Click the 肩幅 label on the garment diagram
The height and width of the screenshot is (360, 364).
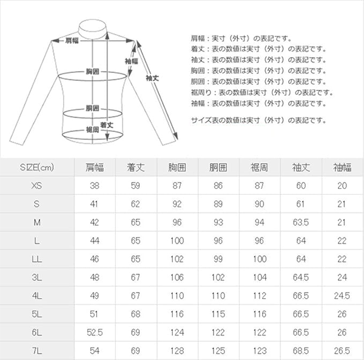pos(72,41)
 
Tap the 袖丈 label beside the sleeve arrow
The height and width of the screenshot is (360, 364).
pos(152,78)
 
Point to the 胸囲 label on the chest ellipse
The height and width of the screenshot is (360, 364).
pos(93,72)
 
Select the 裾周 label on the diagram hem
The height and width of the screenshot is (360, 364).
pos(93,129)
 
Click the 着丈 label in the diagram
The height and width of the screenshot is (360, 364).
pos(107,125)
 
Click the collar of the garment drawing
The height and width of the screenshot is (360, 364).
pos(93,30)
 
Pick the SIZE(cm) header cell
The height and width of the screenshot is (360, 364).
pos(37,167)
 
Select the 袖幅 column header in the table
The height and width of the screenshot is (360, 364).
pos(342,167)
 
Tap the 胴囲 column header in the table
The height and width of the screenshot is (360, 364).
pos(218,167)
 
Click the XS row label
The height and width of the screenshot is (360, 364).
pos(36,186)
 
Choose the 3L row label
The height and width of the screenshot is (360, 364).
pos(37,277)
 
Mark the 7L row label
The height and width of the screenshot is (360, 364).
pos(37,351)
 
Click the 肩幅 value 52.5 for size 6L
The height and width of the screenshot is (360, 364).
pos(95,332)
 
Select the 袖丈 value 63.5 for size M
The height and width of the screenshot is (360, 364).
pos(301,222)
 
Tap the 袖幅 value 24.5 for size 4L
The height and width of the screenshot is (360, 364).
pos(342,296)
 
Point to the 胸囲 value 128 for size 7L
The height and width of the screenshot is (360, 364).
pos(177,351)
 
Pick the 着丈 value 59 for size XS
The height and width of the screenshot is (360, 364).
pos(135,186)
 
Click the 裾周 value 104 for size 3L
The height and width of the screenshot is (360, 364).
pos(260,277)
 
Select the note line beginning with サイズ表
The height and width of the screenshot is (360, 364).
pos(258,120)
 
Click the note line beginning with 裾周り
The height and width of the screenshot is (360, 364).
pos(262,93)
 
